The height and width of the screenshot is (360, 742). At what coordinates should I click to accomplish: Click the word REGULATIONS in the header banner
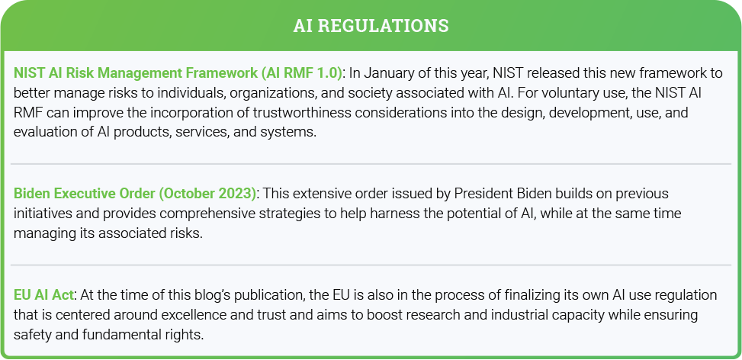tap(383, 25)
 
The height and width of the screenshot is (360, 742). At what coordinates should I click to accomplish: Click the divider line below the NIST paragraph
tap(371, 164)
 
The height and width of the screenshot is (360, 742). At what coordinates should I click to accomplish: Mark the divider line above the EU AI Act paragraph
tap(371, 265)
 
